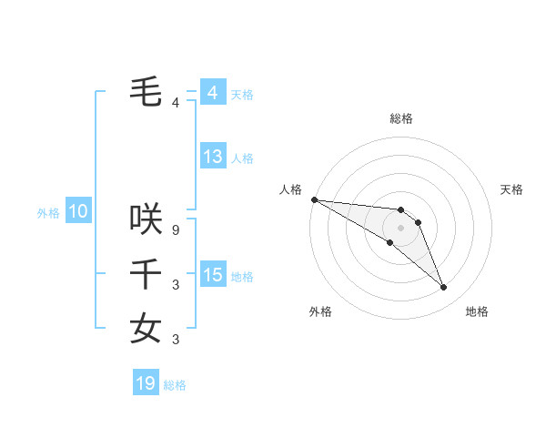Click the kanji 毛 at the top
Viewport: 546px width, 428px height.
(x=147, y=92)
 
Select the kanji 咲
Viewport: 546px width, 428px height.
(x=147, y=219)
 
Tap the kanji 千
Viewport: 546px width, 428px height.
(x=147, y=273)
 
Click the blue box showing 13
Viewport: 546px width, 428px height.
(x=212, y=157)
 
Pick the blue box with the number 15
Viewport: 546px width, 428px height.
(x=212, y=275)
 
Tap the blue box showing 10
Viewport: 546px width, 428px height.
(x=78, y=212)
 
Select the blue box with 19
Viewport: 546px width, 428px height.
(x=146, y=383)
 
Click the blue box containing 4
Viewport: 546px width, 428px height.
(x=212, y=93)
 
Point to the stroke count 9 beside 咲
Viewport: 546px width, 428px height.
(x=176, y=230)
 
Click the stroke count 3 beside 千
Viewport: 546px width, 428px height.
(x=176, y=285)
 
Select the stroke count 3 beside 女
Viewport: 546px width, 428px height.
(x=176, y=340)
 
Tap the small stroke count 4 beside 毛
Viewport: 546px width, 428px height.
(x=176, y=103)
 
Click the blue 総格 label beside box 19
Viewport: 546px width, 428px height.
(x=175, y=385)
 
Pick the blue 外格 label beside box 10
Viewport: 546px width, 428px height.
(x=48, y=213)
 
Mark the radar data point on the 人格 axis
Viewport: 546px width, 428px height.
(x=314, y=199)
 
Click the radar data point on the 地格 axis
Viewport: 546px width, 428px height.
(x=444, y=288)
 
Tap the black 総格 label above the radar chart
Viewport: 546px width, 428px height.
(x=401, y=118)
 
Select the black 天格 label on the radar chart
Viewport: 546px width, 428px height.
(x=512, y=189)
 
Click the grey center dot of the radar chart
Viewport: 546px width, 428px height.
(x=401, y=227)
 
